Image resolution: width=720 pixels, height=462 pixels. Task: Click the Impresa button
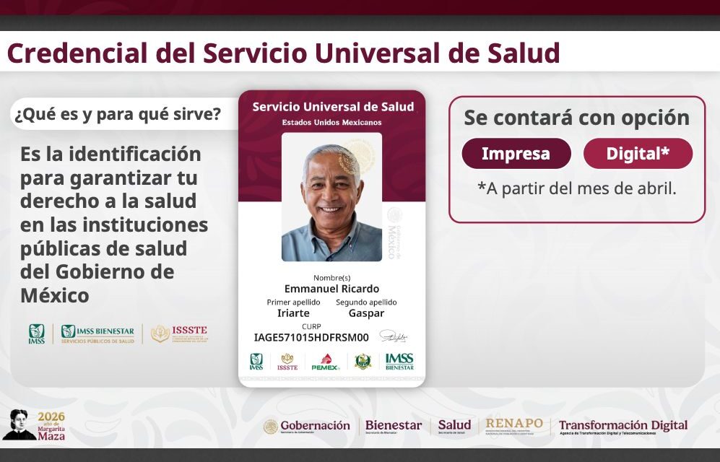(516, 154)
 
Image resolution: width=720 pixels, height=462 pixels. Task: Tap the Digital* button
(638, 154)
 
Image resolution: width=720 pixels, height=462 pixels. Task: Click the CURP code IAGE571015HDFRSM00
(311, 337)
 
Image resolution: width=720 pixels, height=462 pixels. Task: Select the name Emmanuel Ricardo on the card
(331, 289)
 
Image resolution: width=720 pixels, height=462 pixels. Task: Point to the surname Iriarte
(293, 313)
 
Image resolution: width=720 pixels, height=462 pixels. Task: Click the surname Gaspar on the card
(366, 313)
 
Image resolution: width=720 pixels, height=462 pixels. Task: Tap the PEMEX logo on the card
(326, 362)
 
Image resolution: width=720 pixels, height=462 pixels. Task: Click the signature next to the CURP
(394, 336)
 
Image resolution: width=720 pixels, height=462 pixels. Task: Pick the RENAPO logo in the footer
(514, 425)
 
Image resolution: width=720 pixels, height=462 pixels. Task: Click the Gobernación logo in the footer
(307, 426)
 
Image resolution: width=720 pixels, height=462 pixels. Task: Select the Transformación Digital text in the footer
(623, 426)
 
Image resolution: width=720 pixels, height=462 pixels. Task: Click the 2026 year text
(51, 417)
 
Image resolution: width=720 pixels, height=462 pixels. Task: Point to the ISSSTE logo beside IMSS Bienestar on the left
(179, 334)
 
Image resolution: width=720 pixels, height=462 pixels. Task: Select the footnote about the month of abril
(576, 189)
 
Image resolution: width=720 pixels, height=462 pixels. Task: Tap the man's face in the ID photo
(331, 188)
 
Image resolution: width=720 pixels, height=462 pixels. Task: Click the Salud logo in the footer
(454, 426)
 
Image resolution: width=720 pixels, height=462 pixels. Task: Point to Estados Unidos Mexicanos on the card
(331, 122)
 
